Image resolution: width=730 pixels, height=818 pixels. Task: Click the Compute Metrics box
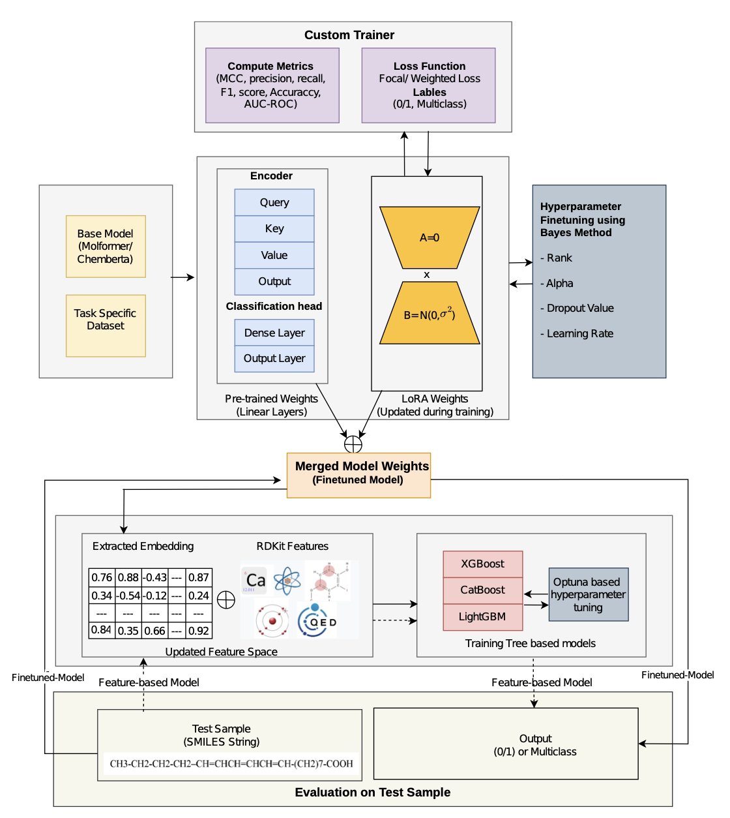(x=272, y=85)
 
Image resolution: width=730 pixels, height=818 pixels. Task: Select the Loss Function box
(x=428, y=85)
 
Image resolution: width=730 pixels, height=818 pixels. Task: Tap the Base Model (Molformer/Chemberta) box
(x=106, y=246)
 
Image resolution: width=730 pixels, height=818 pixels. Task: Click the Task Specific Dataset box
(x=106, y=325)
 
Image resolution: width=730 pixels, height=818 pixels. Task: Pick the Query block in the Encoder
(x=274, y=202)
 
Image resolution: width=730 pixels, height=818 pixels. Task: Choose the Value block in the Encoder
(x=274, y=255)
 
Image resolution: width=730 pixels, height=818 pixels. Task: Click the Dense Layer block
(x=274, y=333)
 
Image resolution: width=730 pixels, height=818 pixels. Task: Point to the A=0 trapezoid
(x=429, y=237)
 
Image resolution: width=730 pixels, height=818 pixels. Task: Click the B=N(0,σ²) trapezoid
(x=429, y=314)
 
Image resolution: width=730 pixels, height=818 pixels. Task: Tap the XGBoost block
(x=482, y=564)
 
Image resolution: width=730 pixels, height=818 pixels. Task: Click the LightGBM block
(x=482, y=616)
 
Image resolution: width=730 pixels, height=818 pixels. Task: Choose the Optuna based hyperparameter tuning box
(x=588, y=594)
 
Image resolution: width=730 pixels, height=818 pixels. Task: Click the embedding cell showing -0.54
(x=128, y=596)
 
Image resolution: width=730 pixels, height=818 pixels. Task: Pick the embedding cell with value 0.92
(x=199, y=631)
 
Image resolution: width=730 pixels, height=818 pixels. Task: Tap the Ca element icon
(x=254, y=580)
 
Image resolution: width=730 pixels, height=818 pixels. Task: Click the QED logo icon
(x=317, y=620)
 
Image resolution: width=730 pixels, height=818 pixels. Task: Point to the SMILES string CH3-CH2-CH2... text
(x=231, y=763)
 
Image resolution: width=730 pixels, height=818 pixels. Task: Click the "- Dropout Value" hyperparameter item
(x=577, y=308)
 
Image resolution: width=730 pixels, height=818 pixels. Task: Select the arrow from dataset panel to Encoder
(x=183, y=277)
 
